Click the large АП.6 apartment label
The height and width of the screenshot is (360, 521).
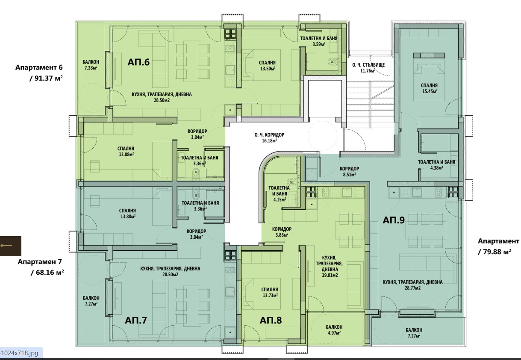click(138, 62)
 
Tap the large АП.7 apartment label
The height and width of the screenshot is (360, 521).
click(136, 320)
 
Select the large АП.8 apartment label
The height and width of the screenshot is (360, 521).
click(271, 320)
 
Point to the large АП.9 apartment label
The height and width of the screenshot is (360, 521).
click(394, 220)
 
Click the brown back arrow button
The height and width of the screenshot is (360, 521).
click(10, 246)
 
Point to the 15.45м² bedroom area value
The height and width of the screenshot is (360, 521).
click(430, 91)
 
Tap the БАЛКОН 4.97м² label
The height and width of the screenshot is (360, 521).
click(334, 330)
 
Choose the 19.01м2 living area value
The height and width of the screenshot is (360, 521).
click(330, 275)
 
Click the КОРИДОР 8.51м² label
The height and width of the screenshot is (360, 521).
click(349, 172)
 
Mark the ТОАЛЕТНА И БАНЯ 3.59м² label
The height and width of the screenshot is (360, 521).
click(319, 41)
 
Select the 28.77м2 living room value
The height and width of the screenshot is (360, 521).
click(413, 288)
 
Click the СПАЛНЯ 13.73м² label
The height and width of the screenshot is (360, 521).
click(270, 293)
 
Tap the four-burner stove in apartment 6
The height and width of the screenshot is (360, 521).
click(230, 33)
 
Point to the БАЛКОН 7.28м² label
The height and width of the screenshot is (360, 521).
click(91, 65)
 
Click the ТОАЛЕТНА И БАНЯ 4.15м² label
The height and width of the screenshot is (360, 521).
click(279, 193)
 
